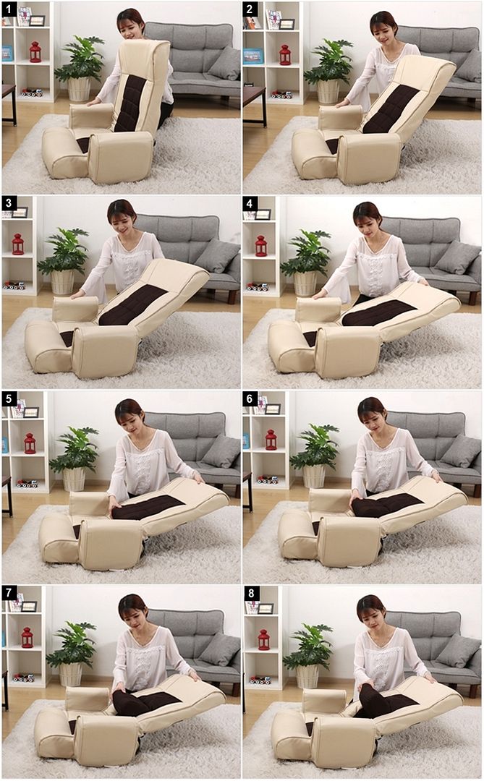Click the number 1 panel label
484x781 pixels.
point(9,9)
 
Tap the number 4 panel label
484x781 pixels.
point(250,204)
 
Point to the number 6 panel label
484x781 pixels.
point(250,399)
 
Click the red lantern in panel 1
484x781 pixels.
point(35,52)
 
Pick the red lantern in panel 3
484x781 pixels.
point(17,244)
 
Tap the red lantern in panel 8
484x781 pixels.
point(263,639)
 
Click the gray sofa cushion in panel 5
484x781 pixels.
point(221,451)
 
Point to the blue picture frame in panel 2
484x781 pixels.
point(252,56)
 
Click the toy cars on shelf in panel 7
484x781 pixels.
point(23,677)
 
